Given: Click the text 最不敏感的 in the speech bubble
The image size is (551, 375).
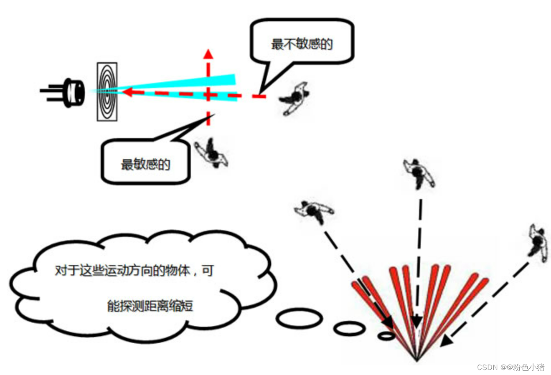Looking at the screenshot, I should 302,43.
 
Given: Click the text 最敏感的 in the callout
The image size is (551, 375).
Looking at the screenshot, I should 145,164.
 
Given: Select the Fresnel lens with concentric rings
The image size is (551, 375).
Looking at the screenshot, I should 107,92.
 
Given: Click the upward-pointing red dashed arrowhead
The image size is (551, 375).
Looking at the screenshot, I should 208,54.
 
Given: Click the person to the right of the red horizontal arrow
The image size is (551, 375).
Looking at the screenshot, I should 295,98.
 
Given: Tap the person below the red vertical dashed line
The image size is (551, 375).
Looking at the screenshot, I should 212,154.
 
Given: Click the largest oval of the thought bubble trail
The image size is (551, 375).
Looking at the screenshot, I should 299,319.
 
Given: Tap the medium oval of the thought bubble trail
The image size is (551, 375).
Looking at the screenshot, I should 349,328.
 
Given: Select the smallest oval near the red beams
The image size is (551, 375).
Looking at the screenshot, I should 386,335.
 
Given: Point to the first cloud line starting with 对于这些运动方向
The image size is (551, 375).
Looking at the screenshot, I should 134,270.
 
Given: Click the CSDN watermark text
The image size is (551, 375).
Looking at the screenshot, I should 510,367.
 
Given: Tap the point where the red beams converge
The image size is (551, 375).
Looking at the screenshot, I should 416,359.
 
